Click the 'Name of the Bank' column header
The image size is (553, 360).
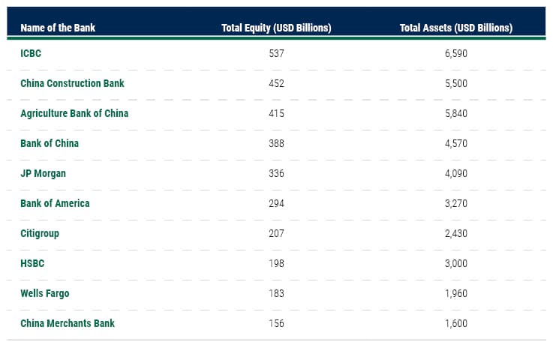58,28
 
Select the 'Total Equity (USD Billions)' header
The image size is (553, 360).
276,28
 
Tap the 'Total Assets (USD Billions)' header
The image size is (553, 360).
455,28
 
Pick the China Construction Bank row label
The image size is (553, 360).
72,83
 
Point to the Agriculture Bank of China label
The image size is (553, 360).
74,113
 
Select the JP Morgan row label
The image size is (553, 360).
43,173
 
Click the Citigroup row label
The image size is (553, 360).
40,233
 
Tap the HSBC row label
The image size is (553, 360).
32,263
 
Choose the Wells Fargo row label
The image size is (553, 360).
45,293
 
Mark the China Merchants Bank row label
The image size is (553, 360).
68,323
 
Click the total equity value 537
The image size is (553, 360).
276,53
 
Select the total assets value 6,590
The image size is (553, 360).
455,53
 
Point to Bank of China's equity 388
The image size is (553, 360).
276,143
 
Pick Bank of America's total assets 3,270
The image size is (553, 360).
455,203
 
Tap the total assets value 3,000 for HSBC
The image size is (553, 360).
455,263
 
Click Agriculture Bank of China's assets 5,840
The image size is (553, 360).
455,113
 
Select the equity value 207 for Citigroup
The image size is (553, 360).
276,233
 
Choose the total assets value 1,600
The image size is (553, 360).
455,323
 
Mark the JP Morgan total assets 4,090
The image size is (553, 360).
455,173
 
